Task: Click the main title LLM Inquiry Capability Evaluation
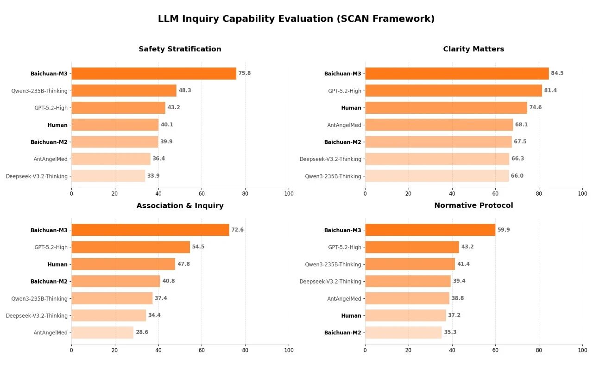(296, 19)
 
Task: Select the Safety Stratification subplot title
(180, 49)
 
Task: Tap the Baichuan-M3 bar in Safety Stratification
(153, 74)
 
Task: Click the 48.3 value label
(185, 91)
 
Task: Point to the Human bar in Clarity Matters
(446, 108)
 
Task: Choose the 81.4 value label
(550, 91)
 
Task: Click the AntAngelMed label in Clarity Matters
(344, 125)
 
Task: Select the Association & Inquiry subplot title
(180, 206)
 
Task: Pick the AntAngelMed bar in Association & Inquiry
(102, 333)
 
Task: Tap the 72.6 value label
(237, 230)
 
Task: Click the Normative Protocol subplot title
(473, 205)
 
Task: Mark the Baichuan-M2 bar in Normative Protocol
(403, 333)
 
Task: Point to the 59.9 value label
(504, 230)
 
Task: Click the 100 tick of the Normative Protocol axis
(582, 351)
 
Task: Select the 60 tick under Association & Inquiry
(202, 351)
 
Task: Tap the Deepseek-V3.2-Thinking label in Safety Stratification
(37, 176)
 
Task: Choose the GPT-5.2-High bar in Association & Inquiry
(130, 247)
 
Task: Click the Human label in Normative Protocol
(351, 316)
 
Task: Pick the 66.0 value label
(517, 176)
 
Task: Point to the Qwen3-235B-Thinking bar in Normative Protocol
(410, 264)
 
